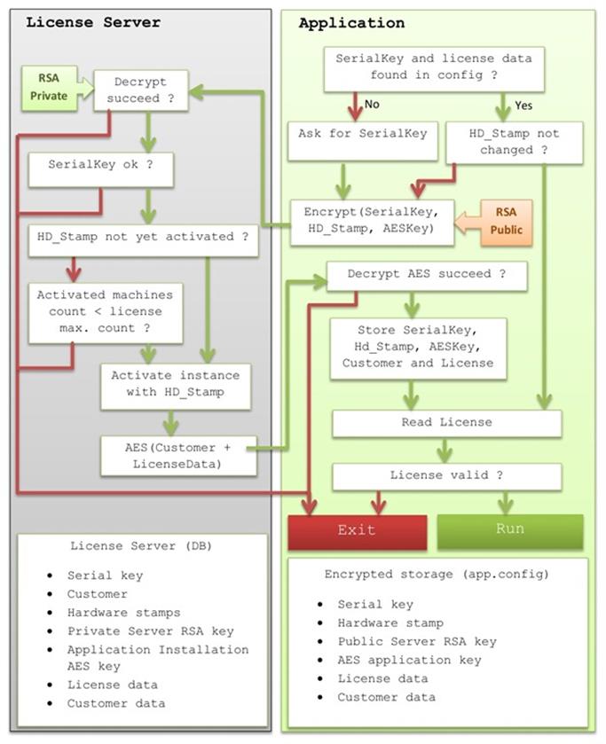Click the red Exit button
click(x=356, y=530)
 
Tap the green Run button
click(x=510, y=529)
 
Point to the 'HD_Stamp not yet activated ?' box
click(x=142, y=238)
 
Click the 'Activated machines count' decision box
click(x=105, y=311)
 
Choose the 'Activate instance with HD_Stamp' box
click(x=176, y=384)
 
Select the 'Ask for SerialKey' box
click(x=363, y=140)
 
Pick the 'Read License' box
click(x=446, y=423)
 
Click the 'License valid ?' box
click(x=446, y=476)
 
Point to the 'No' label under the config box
click(x=372, y=105)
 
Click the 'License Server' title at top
click(x=93, y=22)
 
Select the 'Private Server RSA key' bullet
click(x=150, y=631)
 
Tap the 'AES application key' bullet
click(x=409, y=660)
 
